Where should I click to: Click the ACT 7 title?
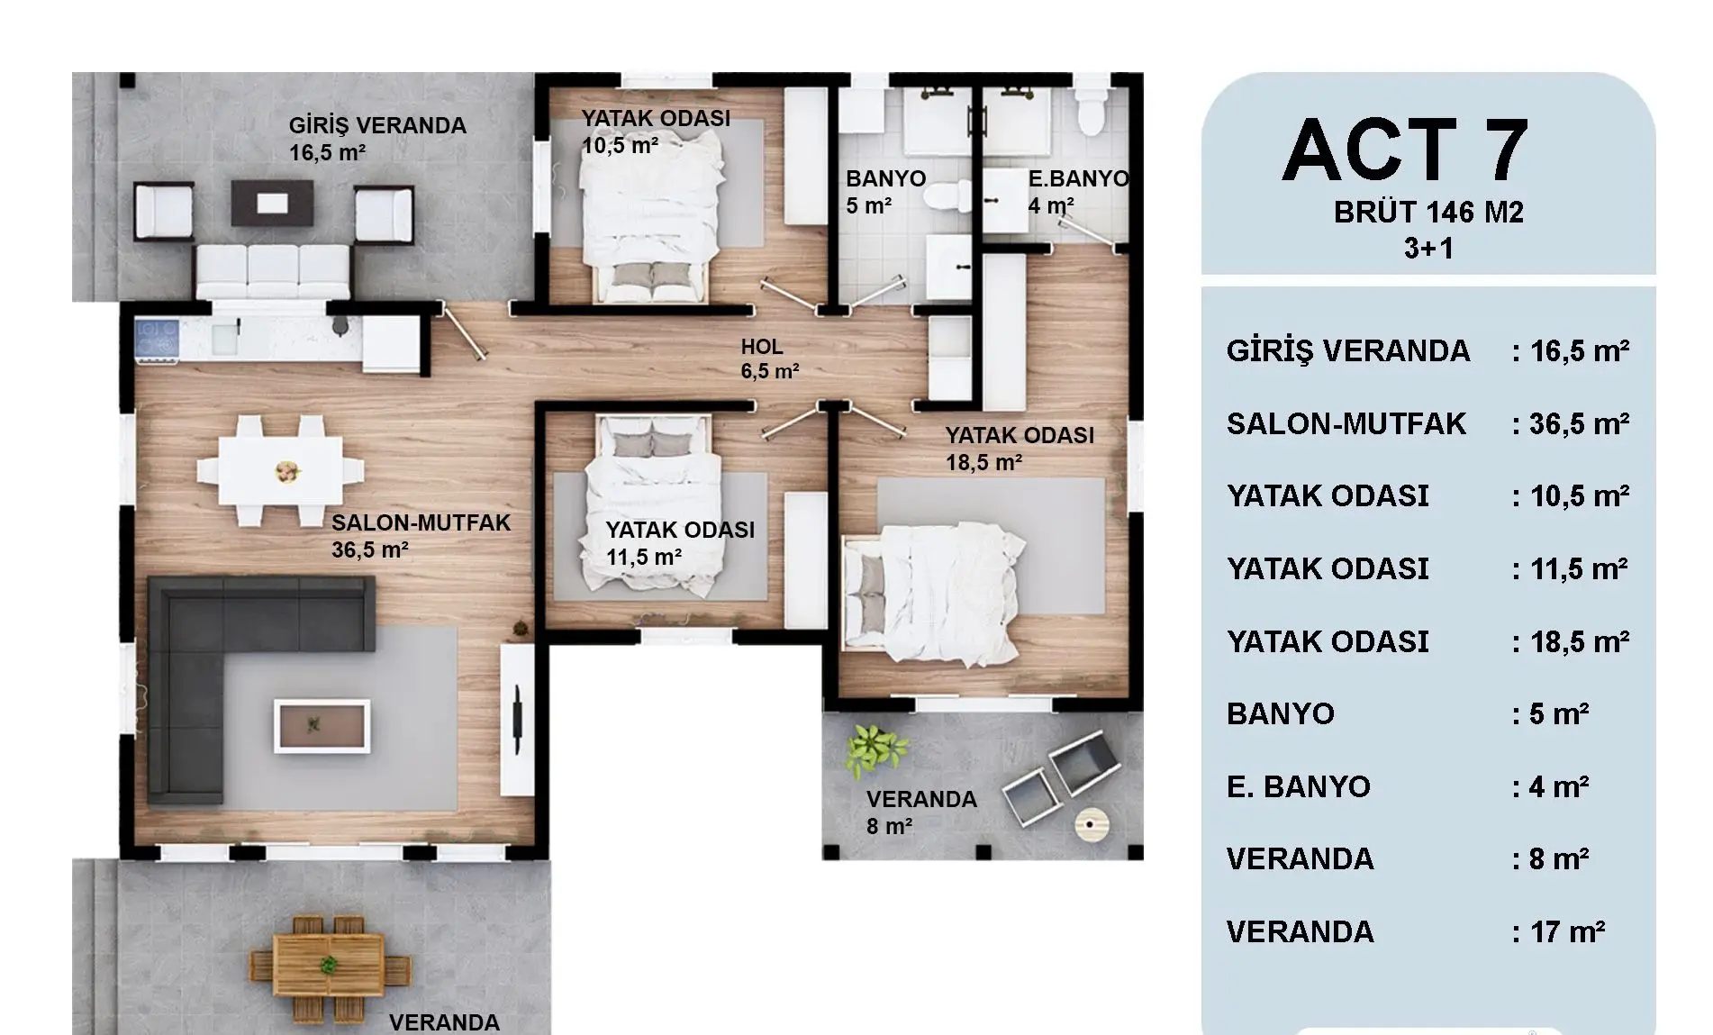point(1405,150)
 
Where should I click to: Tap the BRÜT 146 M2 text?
point(1428,213)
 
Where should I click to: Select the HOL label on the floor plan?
point(762,347)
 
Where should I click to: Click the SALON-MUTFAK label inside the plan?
point(421,522)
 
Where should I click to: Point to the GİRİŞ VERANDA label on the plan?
point(377,126)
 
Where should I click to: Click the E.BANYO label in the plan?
point(1078,178)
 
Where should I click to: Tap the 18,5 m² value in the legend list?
point(1580,641)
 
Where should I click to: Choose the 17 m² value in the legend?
point(1568,931)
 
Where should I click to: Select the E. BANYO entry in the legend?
point(1298,786)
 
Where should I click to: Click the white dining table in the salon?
point(280,470)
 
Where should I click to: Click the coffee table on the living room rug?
point(322,725)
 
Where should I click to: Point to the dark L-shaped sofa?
point(234,667)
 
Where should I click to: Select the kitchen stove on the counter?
point(157,340)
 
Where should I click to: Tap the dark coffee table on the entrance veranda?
point(273,204)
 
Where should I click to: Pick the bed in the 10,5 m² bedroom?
point(651,216)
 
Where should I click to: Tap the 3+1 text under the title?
point(1428,248)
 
